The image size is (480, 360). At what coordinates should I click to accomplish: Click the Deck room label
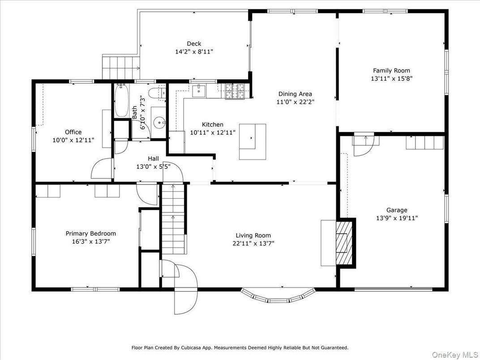(x=194, y=44)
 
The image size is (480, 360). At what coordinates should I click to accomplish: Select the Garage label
(x=397, y=210)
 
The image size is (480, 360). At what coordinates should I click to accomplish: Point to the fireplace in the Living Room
(x=345, y=243)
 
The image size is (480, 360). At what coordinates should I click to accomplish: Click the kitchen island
(x=252, y=141)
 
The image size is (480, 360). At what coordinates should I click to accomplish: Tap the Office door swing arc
(x=101, y=169)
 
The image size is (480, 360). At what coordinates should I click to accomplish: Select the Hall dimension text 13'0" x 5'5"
(x=153, y=166)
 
